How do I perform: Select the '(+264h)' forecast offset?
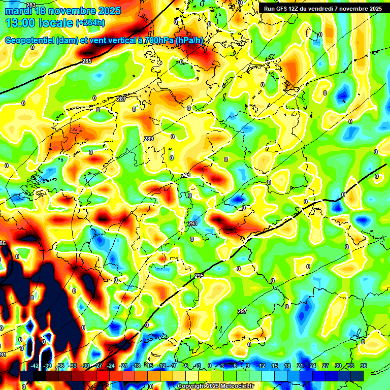point(90,23)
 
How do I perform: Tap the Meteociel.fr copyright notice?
point(216,386)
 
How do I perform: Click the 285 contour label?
point(87,61)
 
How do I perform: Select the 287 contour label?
point(121,99)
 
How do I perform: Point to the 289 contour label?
point(148,139)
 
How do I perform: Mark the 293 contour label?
point(192,223)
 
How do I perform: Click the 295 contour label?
point(199,275)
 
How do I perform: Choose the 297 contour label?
point(242,311)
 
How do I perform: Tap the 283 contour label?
point(31,5)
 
